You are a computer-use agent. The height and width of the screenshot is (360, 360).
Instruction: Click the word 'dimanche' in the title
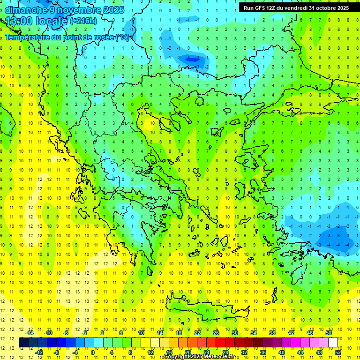tap(26, 10)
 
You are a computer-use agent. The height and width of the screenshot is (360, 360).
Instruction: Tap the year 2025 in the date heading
tap(113, 10)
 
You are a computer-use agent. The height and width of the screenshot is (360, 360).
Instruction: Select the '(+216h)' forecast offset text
tap(84, 21)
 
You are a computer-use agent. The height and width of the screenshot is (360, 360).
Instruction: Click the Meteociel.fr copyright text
tap(199, 357)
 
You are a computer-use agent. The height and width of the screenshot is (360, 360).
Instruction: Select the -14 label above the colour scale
tap(30, 333)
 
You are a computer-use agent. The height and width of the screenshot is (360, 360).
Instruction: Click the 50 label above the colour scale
tap(328, 333)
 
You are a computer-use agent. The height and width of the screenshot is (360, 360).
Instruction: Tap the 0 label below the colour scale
tap(93, 352)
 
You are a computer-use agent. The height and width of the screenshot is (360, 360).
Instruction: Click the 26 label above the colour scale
tap(216, 333)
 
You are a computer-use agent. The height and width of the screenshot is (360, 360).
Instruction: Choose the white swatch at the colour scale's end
tap(333, 343)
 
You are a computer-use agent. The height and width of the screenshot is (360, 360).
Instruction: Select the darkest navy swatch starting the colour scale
tap(23, 343)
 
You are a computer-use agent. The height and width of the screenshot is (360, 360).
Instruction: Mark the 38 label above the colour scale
tap(272, 333)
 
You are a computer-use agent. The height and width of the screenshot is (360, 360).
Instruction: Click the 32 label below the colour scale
tap(244, 352)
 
